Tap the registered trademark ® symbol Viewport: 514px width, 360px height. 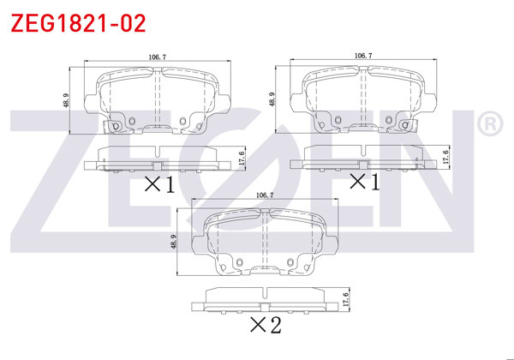(489, 125)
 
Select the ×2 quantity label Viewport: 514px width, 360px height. (265, 325)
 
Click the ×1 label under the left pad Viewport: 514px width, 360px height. (158, 183)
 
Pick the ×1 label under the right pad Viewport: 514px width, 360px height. (363, 181)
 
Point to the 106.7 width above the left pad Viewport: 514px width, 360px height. (157, 57)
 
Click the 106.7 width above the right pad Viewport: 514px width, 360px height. (362, 56)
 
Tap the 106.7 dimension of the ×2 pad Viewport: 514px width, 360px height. (265, 195)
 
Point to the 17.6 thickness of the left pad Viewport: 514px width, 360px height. (242, 157)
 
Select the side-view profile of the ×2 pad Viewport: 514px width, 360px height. (265, 299)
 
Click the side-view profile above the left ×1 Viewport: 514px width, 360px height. (159, 158)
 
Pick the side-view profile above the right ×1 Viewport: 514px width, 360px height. (363, 156)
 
